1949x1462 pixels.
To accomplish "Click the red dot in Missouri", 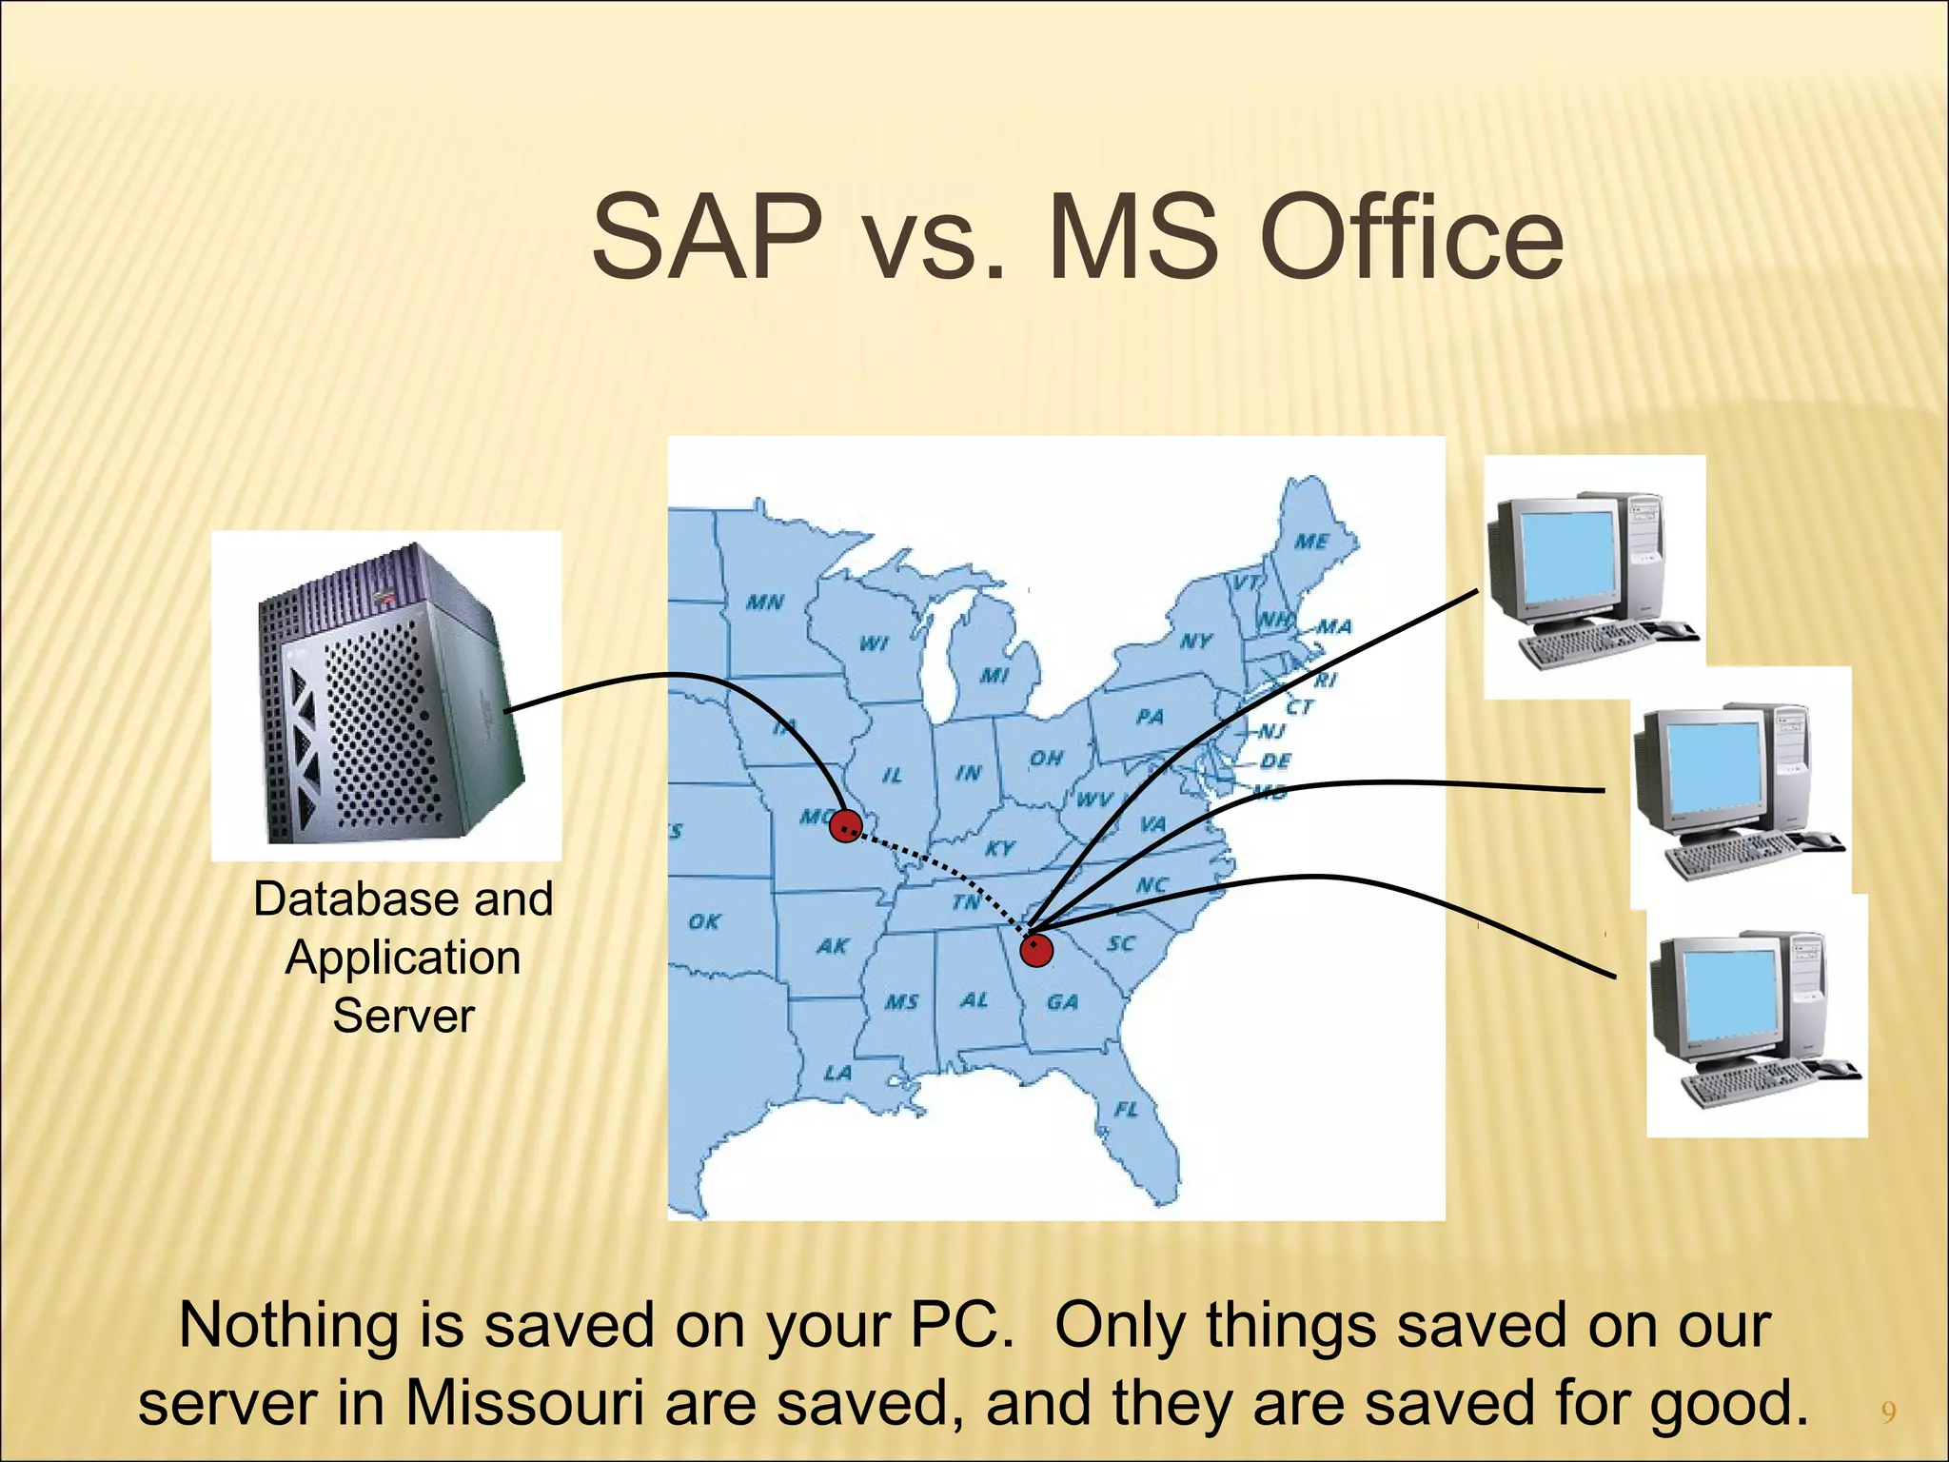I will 845,825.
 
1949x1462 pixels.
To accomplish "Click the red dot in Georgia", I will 1036,950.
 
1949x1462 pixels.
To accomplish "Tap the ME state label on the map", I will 1311,542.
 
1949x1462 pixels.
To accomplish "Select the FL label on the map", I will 1126,1110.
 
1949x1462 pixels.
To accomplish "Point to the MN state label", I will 764,602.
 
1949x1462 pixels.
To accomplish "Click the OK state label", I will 704,921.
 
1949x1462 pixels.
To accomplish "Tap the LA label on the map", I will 837,1073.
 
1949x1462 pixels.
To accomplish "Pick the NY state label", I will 1195,641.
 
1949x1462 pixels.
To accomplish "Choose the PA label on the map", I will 1150,716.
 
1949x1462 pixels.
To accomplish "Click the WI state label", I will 874,643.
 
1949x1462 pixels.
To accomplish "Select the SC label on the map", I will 1121,943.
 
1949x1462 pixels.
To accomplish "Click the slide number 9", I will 1889,1412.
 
